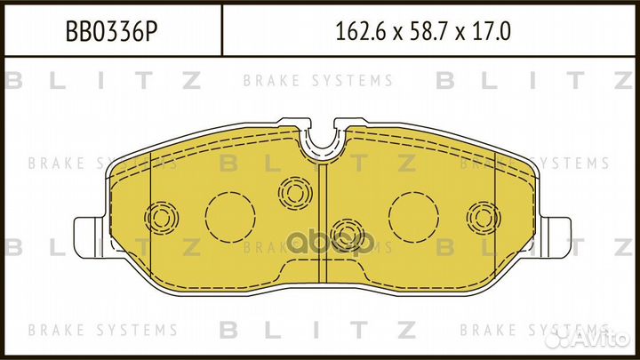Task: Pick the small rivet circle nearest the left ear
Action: (161, 216)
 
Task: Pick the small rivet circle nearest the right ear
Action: (481, 216)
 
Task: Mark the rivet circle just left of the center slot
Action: (292, 189)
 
